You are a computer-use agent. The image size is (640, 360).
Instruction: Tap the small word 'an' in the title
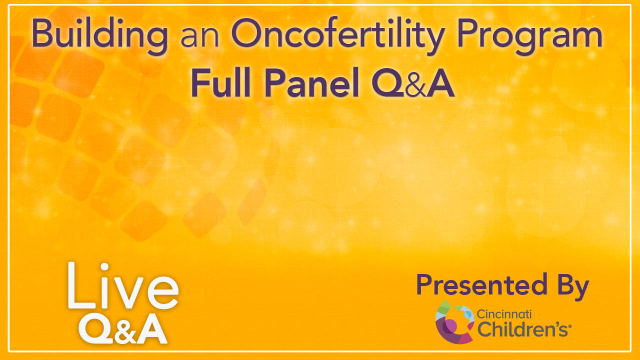tap(200, 37)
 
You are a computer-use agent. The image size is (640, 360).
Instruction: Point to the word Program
tap(529, 36)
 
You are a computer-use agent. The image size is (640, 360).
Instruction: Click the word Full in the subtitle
tap(221, 82)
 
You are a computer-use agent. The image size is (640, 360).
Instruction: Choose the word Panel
tap(311, 82)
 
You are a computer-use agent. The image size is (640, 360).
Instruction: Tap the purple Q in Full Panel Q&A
tap(388, 82)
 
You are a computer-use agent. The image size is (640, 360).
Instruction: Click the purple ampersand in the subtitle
tap(416, 85)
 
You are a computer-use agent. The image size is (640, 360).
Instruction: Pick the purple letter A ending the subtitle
tap(440, 82)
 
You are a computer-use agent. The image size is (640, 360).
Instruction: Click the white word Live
tap(123, 285)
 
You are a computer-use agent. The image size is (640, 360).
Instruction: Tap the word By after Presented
tap(572, 287)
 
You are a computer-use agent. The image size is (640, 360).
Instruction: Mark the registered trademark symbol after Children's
tap(569, 326)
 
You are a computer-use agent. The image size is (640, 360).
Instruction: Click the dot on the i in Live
tap(104, 266)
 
